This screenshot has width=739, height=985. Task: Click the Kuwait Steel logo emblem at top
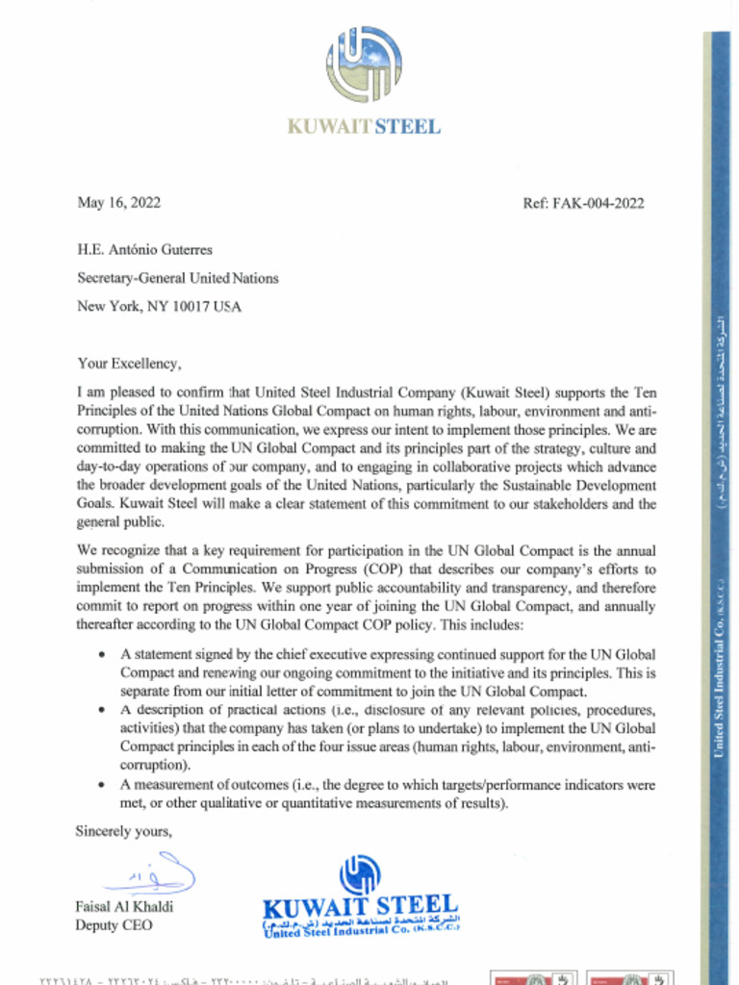364,65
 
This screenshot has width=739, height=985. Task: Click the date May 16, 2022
118,203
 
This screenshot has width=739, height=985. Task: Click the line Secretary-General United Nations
177,278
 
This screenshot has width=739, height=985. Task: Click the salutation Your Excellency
128,364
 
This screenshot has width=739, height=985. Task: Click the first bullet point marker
102,654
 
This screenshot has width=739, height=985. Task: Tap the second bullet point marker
102,711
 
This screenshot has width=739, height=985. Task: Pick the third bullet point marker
102,785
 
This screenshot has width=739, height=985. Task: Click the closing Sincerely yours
123,832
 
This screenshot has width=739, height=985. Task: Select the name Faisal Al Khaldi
124,907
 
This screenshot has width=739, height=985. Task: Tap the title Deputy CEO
114,925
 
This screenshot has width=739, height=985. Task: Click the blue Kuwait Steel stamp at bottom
361,899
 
